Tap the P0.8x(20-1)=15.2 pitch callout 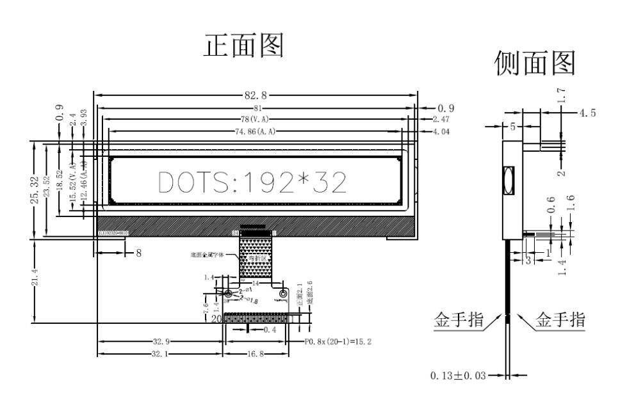coord(339,342)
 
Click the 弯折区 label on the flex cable coord(257,258)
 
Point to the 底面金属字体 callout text coord(208,255)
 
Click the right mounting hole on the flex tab coord(284,294)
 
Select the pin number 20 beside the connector coord(216,318)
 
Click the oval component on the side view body coord(509,181)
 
